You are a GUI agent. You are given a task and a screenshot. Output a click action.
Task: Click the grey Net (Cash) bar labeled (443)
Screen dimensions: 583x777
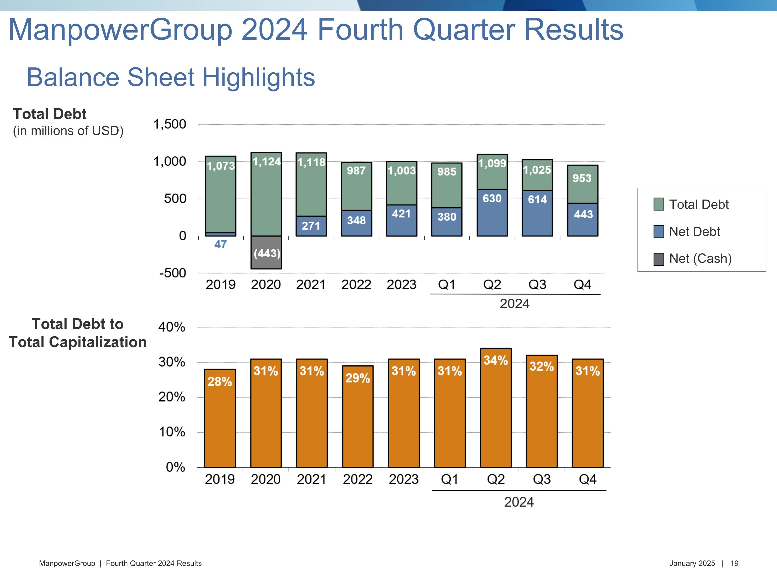[x=266, y=253]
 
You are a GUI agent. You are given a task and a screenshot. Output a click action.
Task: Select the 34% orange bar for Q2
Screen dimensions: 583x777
[x=496, y=408]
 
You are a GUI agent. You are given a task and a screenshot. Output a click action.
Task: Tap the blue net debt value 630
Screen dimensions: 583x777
[x=492, y=198]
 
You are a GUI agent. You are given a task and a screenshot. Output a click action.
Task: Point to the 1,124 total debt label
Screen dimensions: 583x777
[x=267, y=162]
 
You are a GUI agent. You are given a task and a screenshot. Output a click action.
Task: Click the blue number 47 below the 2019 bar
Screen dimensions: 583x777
[x=221, y=244]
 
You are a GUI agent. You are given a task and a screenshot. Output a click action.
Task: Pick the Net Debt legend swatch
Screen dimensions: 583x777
[x=659, y=232]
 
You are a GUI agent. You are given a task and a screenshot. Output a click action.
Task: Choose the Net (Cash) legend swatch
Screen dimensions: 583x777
[x=659, y=259]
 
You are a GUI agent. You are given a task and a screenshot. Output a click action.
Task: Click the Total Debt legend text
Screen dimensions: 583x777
[x=699, y=204]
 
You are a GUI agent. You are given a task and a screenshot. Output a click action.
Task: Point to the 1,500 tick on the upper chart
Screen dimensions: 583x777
[x=170, y=124]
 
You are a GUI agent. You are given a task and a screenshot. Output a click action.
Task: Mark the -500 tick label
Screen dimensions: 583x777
[x=172, y=273]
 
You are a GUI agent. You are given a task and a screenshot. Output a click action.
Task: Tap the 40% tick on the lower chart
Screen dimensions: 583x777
[x=171, y=327]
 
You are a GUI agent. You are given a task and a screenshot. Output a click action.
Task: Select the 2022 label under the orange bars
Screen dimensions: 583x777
[x=358, y=479]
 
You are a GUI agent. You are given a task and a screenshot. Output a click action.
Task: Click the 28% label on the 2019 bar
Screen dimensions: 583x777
[x=220, y=382]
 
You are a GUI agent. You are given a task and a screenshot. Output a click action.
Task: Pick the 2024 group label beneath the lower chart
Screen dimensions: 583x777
[x=519, y=502]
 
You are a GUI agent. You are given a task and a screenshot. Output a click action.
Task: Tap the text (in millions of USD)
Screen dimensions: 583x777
[x=68, y=131]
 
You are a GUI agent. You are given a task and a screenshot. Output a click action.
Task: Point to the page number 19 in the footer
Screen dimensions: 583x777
[x=734, y=563]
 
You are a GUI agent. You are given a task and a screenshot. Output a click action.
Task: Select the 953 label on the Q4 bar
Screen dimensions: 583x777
[x=582, y=178]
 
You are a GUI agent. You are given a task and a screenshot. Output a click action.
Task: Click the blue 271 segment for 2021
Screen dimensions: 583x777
[x=311, y=226]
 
